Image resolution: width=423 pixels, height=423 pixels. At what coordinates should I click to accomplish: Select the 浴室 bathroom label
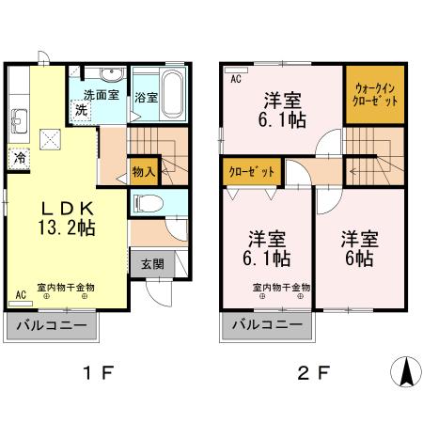point(146,96)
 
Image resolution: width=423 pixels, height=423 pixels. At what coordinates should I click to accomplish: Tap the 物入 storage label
point(143,172)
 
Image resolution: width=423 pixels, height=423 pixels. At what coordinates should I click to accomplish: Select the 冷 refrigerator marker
point(18,159)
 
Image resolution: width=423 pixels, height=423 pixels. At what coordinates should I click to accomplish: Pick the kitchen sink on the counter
point(19,119)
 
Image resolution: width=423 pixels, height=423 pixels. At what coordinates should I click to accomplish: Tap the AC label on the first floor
point(19,295)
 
